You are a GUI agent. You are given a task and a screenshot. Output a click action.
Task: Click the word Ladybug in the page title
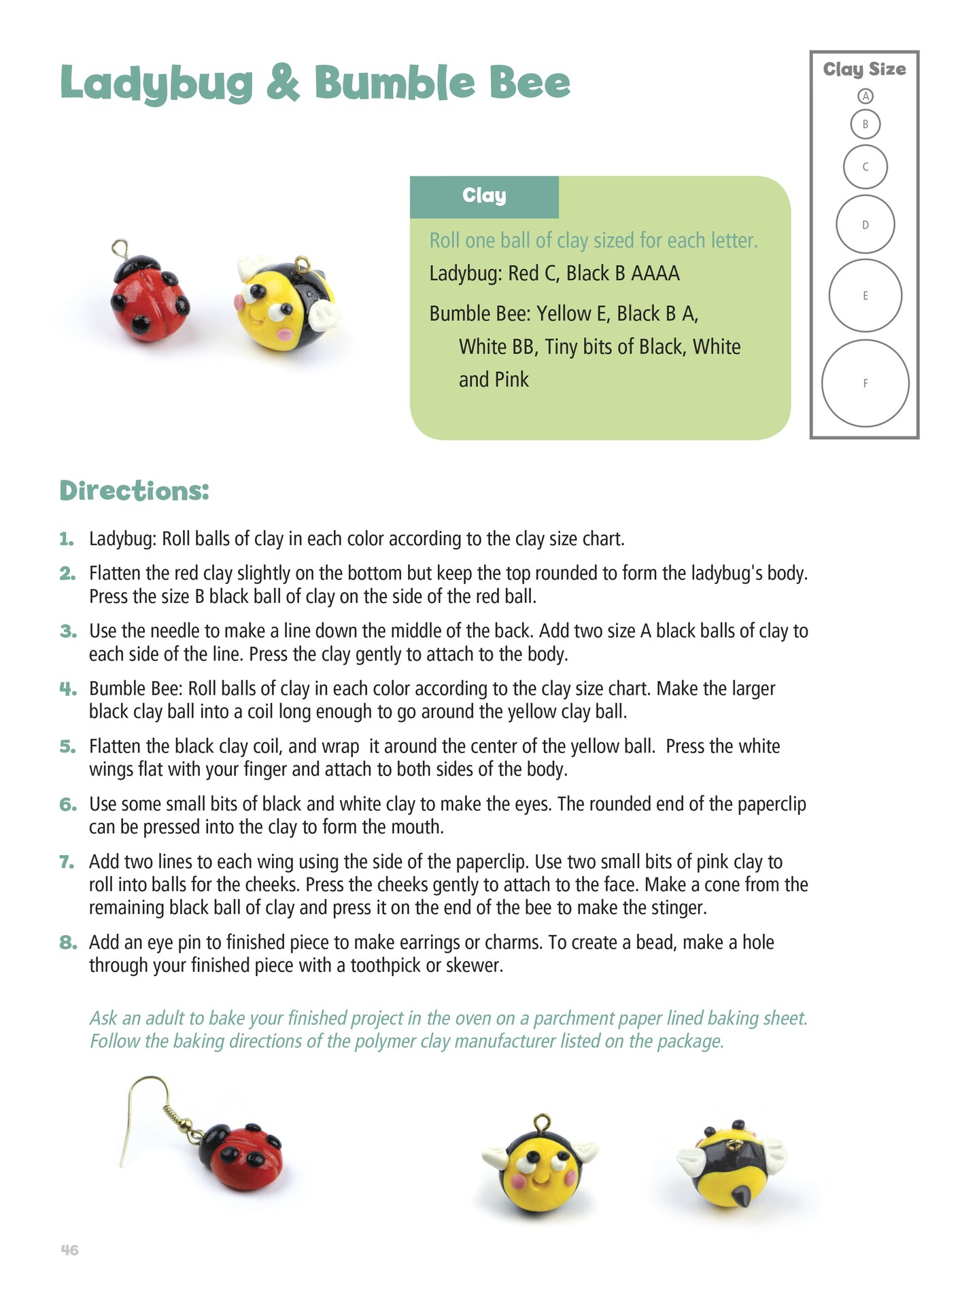tap(156, 84)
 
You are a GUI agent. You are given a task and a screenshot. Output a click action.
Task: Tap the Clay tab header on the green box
tap(484, 196)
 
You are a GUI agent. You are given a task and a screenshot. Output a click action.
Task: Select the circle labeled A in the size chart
tap(865, 97)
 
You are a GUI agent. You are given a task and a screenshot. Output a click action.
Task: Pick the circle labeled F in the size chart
tap(865, 383)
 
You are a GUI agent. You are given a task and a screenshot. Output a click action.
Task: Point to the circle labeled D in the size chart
tap(865, 225)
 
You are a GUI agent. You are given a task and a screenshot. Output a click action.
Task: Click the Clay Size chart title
tap(864, 69)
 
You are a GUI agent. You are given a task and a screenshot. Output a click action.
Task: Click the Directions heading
tap(134, 491)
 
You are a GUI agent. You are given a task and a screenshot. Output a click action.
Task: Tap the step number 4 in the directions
tap(67, 688)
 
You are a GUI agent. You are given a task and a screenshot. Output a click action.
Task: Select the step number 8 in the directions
tap(67, 942)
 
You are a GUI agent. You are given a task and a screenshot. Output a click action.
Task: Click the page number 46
tap(69, 1250)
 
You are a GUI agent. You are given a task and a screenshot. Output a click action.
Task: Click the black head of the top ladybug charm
tap(136, 266)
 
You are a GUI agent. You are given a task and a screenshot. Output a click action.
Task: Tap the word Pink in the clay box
tap(512, 380)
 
